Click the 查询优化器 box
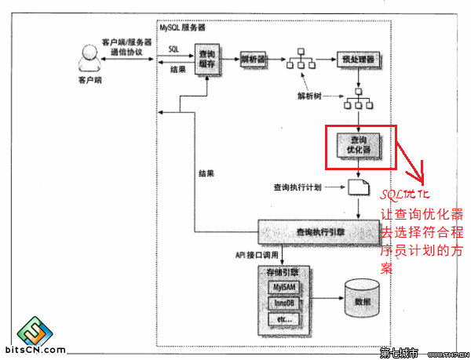pos(358,144)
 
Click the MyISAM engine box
pos(282,287)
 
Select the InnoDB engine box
pos(282,304)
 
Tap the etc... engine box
pos(282,320)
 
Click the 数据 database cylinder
pos(362,301)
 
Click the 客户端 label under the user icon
pos(89,79)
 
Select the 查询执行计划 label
pos(296,187)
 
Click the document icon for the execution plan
pos(358,187)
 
